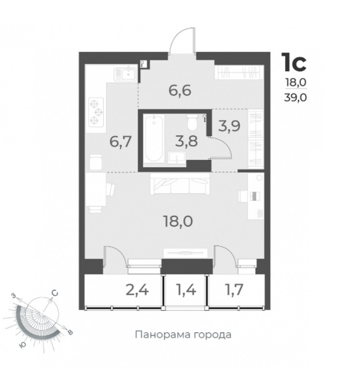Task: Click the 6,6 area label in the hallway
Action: click(x=180, y=91)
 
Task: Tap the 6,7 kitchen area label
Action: click(x=121, y=142)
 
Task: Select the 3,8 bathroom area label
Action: click(x=187, y=141)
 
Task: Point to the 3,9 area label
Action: click(x=229, y=126)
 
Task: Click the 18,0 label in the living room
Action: click(x=178, y=221)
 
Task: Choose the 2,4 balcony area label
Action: click(x=138, y=290)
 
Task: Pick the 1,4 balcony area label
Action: click(x=187, y=290)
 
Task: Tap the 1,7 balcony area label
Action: click(x=234, y=289)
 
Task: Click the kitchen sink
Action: click(x=126, y=74)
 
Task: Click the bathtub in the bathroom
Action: click(x=154, y=138)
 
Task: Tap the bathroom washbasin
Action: click(x=177, y=158)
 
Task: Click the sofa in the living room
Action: click(x=180, y=184)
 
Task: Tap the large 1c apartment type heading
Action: click(x=294, y=62)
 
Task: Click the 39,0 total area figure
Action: click(x=295, y=97)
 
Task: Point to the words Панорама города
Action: click(x=183, y=334)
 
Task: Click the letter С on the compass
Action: click(x=54, y=293)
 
